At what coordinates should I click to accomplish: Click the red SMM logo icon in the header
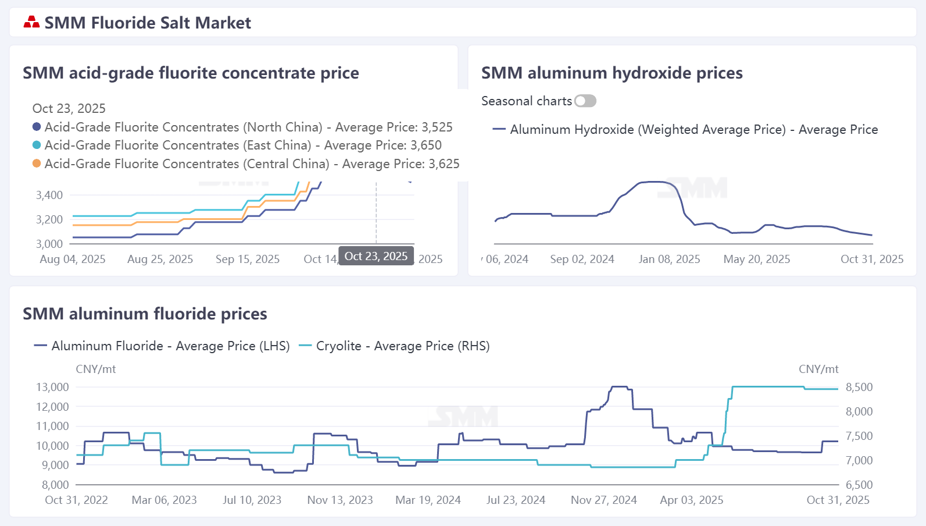[31, 23]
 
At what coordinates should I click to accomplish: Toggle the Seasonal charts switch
[585, 101]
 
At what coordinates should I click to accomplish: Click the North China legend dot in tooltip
[37, 127]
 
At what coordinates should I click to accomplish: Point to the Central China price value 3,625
[444, 164]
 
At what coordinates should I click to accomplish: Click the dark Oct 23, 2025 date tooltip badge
[376, 257]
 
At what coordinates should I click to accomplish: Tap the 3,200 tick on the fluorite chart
[49, 219]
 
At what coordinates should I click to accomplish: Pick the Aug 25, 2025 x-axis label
[160, 260]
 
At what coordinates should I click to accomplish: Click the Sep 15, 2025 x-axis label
[248, 260]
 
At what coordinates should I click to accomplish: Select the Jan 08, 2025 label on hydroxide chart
[669, 260]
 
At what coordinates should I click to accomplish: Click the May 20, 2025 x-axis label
[756, 260]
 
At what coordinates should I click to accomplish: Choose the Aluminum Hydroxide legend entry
[685, 130]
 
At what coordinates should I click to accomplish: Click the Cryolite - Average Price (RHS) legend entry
[394, 346]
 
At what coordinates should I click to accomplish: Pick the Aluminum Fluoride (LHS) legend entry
[162, 346]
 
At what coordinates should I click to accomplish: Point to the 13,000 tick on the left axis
[52, 387]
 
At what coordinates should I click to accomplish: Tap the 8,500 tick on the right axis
[859, 387]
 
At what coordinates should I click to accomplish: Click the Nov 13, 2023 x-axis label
[340, 500]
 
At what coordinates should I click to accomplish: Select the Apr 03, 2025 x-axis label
[691, 500]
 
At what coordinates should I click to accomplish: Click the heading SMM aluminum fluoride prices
[145, 314]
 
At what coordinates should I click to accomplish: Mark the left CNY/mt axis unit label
[96, 369]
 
